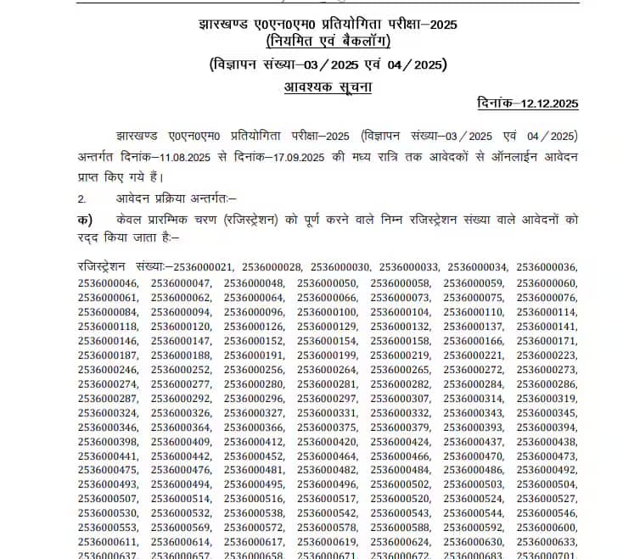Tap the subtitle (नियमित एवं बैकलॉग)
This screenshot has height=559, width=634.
point(328,42)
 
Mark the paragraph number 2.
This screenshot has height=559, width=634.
point(81,198)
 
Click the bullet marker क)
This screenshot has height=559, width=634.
point(83,220)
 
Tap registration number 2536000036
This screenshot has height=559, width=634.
point(547,267)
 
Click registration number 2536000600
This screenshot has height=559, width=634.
point(547,528)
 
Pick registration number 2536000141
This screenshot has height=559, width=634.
point(547,327)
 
